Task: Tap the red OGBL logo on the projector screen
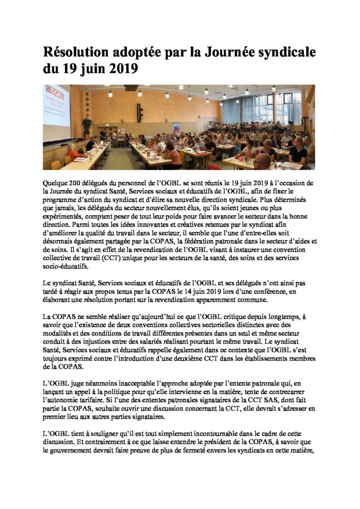coord(54,93)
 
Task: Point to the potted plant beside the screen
coord(87,126)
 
